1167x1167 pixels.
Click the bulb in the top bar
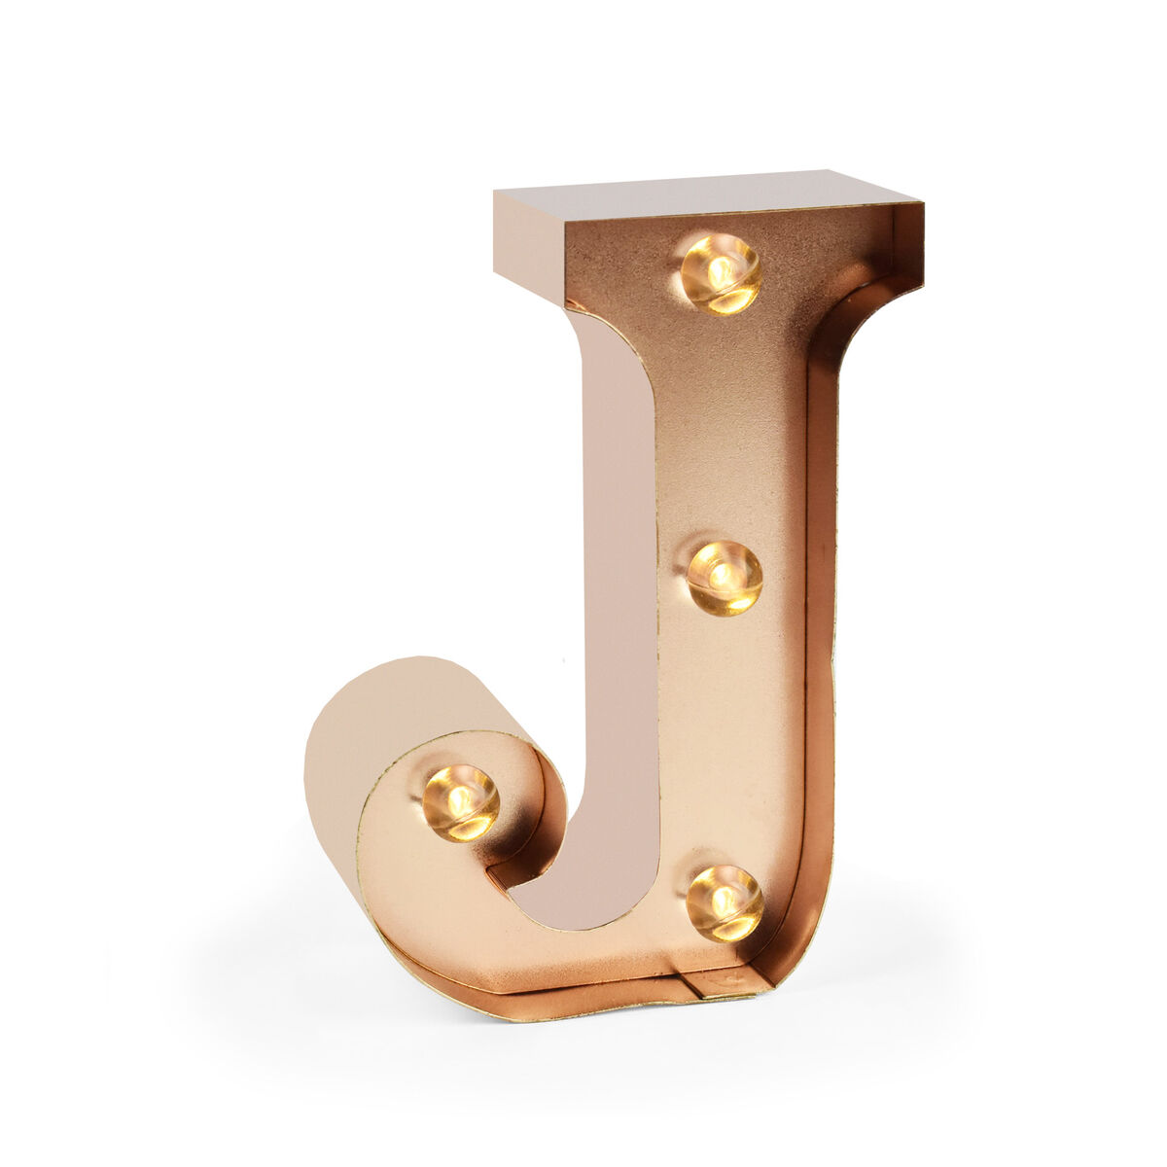click(721, 273)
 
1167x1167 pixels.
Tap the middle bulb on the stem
click(725, 578)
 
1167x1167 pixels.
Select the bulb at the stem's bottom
click(725, 902)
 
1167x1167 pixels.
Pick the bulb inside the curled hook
click(461, 802)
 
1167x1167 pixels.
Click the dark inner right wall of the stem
click(822, 583)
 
